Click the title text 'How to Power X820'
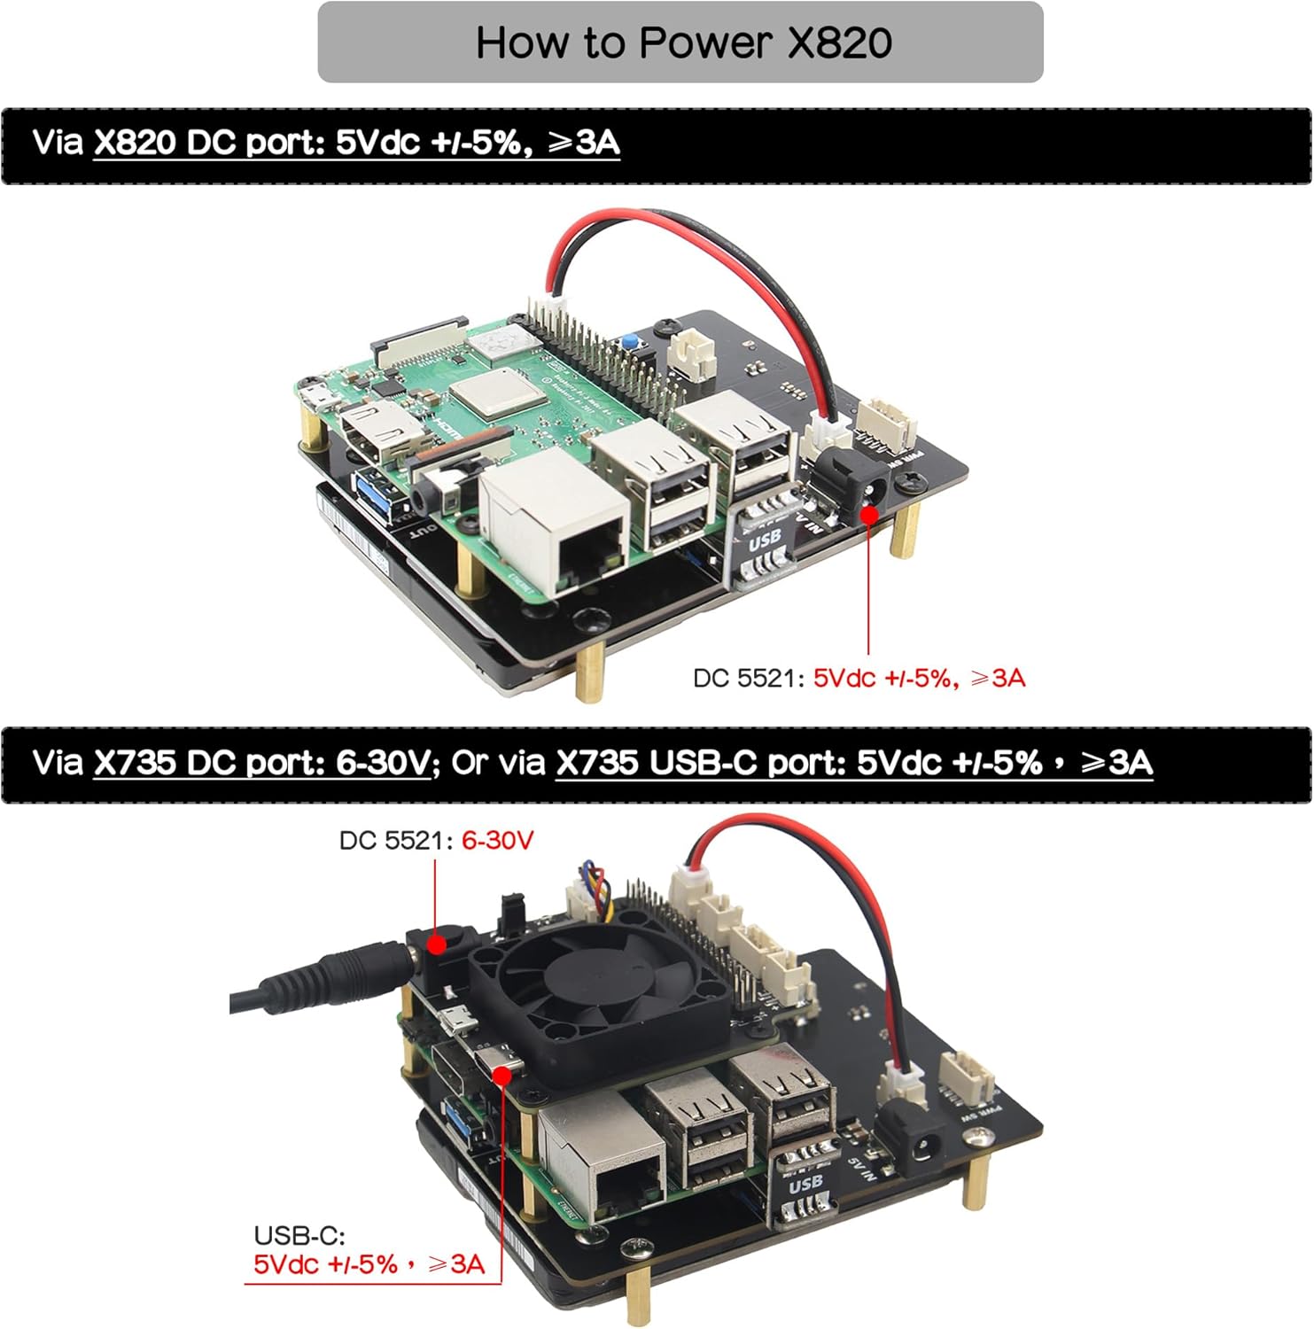pos(682,43)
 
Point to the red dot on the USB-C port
pos(501,1075)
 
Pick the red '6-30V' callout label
pos(498,840)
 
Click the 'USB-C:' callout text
pos(299,1235)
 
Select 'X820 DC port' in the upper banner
pos(209,144)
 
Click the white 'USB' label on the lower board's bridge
pos(805,1184)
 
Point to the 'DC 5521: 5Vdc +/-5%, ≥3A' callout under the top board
pos(858,679)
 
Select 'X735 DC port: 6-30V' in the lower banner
pos(261,763)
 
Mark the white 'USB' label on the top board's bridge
pos(765,537)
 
